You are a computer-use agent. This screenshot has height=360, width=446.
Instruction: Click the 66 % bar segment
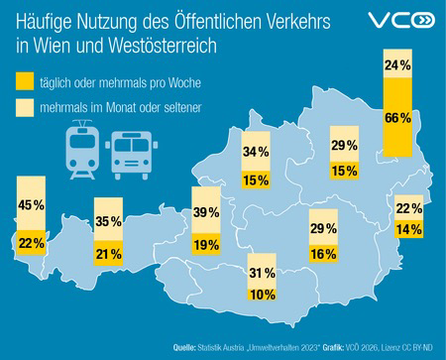(x=397, y=118)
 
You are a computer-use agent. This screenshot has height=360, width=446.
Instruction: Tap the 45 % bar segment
(x=31, y=205)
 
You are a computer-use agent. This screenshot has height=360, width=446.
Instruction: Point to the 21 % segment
(x=107, y=256)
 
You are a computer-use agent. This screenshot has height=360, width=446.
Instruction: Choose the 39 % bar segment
(x=205, y=212)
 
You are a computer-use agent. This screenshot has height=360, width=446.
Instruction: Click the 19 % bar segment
(x=205, y=244)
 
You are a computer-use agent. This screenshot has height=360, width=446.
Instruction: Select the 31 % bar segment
(x=262, y=272)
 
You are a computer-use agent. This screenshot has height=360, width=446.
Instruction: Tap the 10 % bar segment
(x=262, y=295)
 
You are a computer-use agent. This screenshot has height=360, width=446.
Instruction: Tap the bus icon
(x=130, y=151)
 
